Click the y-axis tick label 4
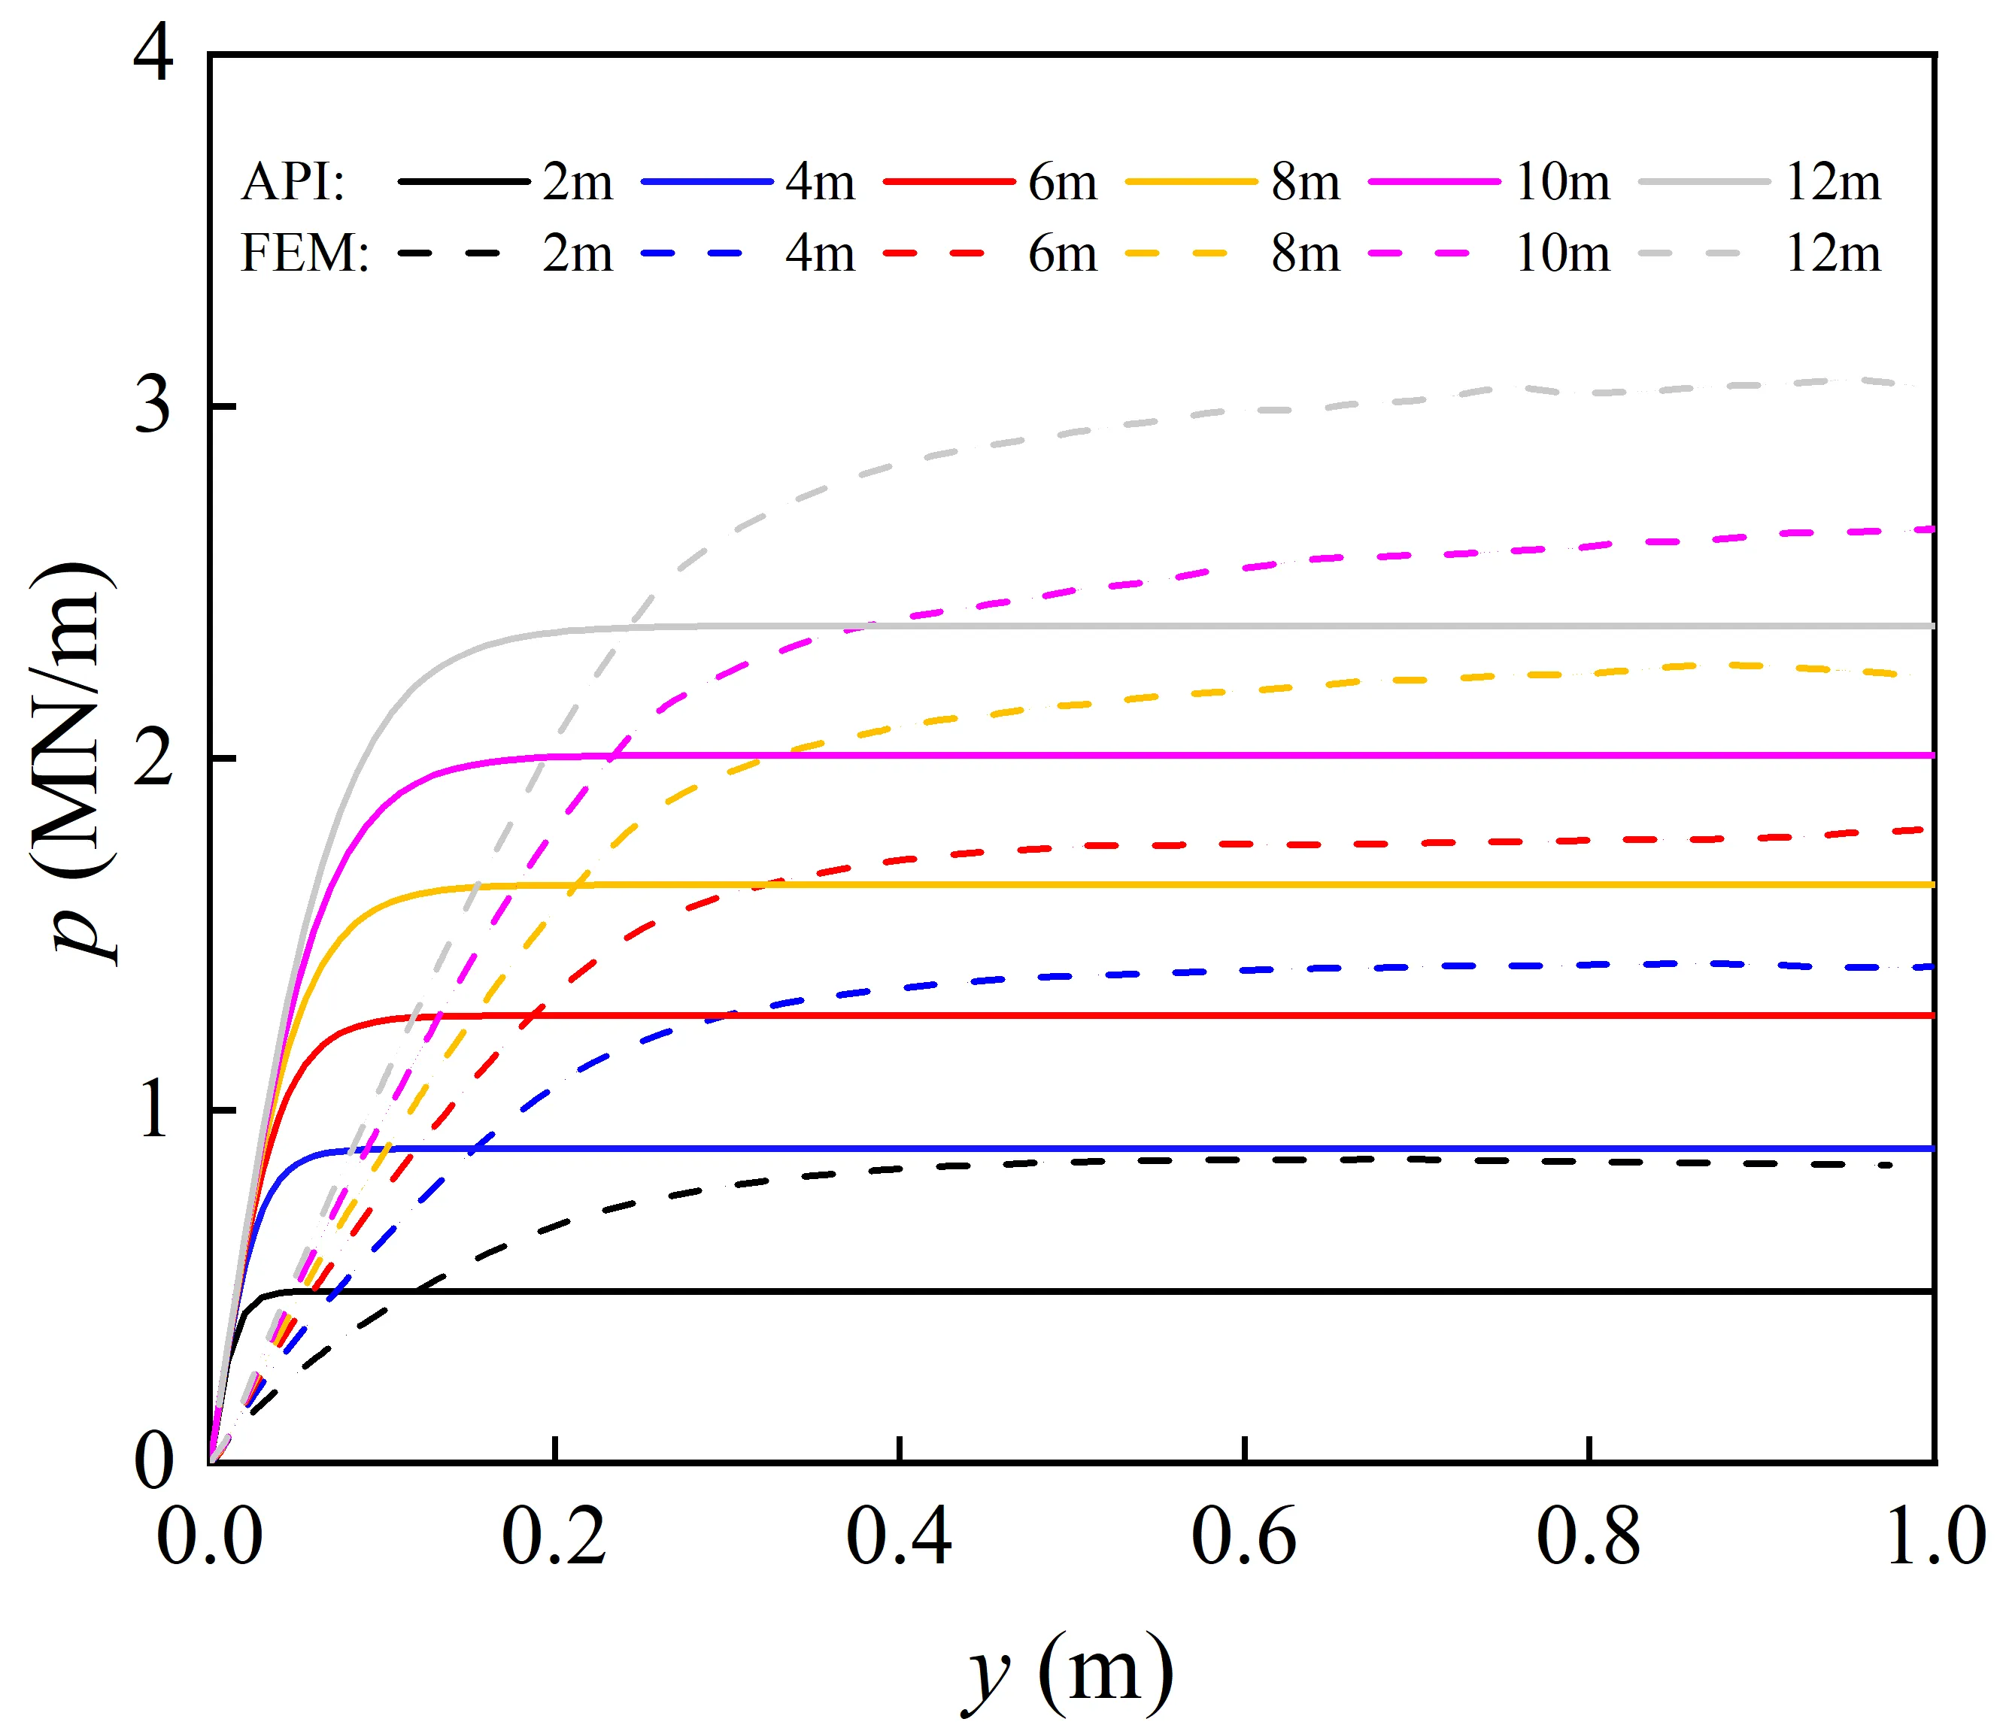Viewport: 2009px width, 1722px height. coord(153,54)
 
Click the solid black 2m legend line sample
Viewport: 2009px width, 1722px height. coord(463,181)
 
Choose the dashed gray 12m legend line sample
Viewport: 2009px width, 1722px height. coord(1689,253)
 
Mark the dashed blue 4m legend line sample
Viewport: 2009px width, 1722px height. coord(691,253)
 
